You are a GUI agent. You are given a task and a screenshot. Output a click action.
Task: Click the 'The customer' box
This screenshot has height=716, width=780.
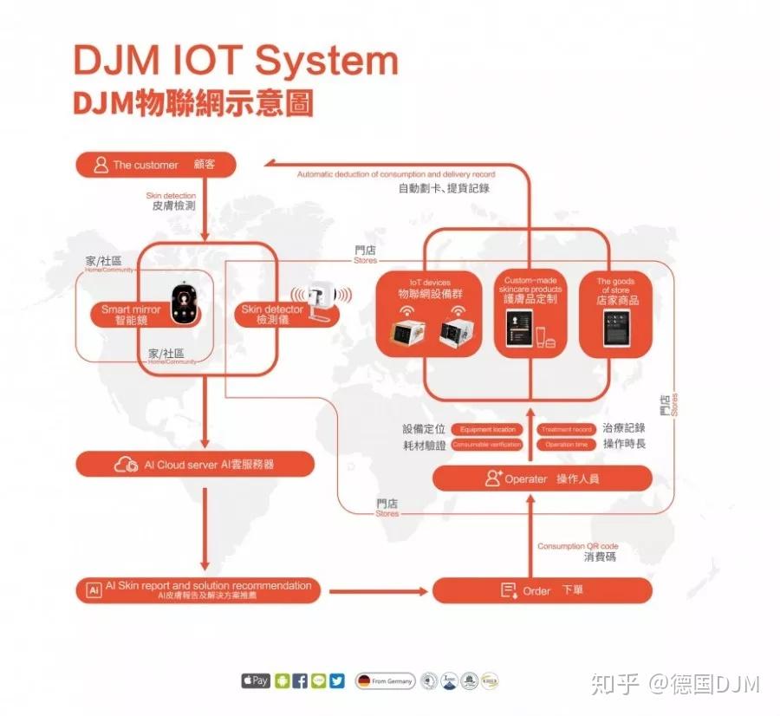[x=155, y=165]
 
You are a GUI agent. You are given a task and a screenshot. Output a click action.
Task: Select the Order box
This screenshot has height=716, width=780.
[x=542, y=590]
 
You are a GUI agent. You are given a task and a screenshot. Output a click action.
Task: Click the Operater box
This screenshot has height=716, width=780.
[x=542, y=478]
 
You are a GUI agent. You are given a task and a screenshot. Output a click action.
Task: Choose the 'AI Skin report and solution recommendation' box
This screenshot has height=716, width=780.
[x=198, y=590]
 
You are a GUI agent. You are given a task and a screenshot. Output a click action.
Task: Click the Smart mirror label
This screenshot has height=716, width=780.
[x=130, y=315]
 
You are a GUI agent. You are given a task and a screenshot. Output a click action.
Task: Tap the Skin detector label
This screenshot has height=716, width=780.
[x=272, y=315]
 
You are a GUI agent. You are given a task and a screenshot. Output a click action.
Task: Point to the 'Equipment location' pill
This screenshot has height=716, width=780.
[x=487, y=429]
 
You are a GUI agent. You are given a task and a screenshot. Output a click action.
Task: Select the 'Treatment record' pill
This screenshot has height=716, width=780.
[x=566, y=429]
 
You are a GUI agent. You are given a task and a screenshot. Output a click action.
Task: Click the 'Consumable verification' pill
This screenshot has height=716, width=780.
[x=487, y=445]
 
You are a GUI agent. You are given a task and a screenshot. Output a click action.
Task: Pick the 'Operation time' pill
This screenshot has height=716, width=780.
[x=566, y=445]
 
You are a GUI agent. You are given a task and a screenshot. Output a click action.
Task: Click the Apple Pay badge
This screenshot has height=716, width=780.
[x=256, y=681]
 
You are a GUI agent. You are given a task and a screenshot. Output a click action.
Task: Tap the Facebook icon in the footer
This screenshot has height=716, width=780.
[x=299, y=681]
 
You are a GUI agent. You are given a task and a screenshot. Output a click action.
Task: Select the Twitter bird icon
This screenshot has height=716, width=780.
[x=337, y=681]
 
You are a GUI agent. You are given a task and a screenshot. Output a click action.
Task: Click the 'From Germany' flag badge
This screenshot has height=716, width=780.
[x=385, y=681]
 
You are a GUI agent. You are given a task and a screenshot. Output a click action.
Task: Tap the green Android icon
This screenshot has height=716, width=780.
[x=281, y=681]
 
